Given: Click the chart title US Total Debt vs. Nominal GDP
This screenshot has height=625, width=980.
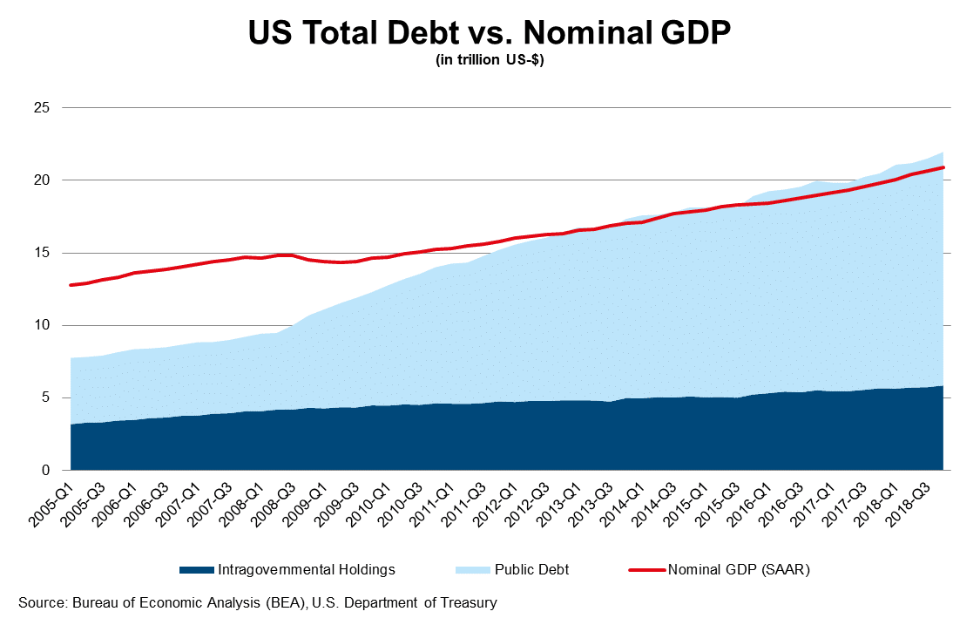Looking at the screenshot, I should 490,33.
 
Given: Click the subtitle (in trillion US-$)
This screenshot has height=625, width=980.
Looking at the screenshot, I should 490,60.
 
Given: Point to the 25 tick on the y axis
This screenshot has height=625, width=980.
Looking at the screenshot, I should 43,108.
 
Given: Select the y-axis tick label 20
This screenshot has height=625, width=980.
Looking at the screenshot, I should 43,180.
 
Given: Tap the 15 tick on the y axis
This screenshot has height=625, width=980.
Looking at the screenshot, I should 43,253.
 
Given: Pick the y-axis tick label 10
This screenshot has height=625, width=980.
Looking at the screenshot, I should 43,325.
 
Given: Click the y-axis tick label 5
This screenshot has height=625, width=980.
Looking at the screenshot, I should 46,397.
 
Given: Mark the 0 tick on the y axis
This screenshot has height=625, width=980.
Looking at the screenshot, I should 46,471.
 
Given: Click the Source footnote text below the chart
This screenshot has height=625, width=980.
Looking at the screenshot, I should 257,602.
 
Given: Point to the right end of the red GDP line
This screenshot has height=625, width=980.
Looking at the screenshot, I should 943,167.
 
